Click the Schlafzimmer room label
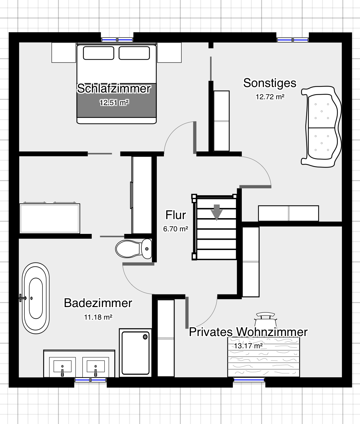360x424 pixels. click(x=114, y=88)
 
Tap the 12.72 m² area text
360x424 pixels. click(x=270, y=97)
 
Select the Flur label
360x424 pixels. click(x=176, y=215)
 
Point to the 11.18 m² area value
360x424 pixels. click(x=98, y=317)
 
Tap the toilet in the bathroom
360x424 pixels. click(x=133, y=249)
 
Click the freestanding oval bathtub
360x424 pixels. click(x=36, y=298)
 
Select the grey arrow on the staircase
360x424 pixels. click(x=217, y=212)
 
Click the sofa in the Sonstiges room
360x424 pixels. click(x=321, y=127)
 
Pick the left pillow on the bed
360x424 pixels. click(x=99, y=53)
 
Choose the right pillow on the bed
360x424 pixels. click(x=134, y=53)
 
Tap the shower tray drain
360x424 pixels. click(x=145, y=337)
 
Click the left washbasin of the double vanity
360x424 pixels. click(x=62, y=367)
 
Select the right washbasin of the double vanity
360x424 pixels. click(x=96, y=367)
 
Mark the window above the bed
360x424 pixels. click(x=117, y=40)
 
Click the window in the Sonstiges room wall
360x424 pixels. click(x=293, y=40)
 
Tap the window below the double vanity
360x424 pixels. click(x=90, y=380)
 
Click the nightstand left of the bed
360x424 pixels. click(x=63, y=53)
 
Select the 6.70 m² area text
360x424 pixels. click(x=176, y=229)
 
